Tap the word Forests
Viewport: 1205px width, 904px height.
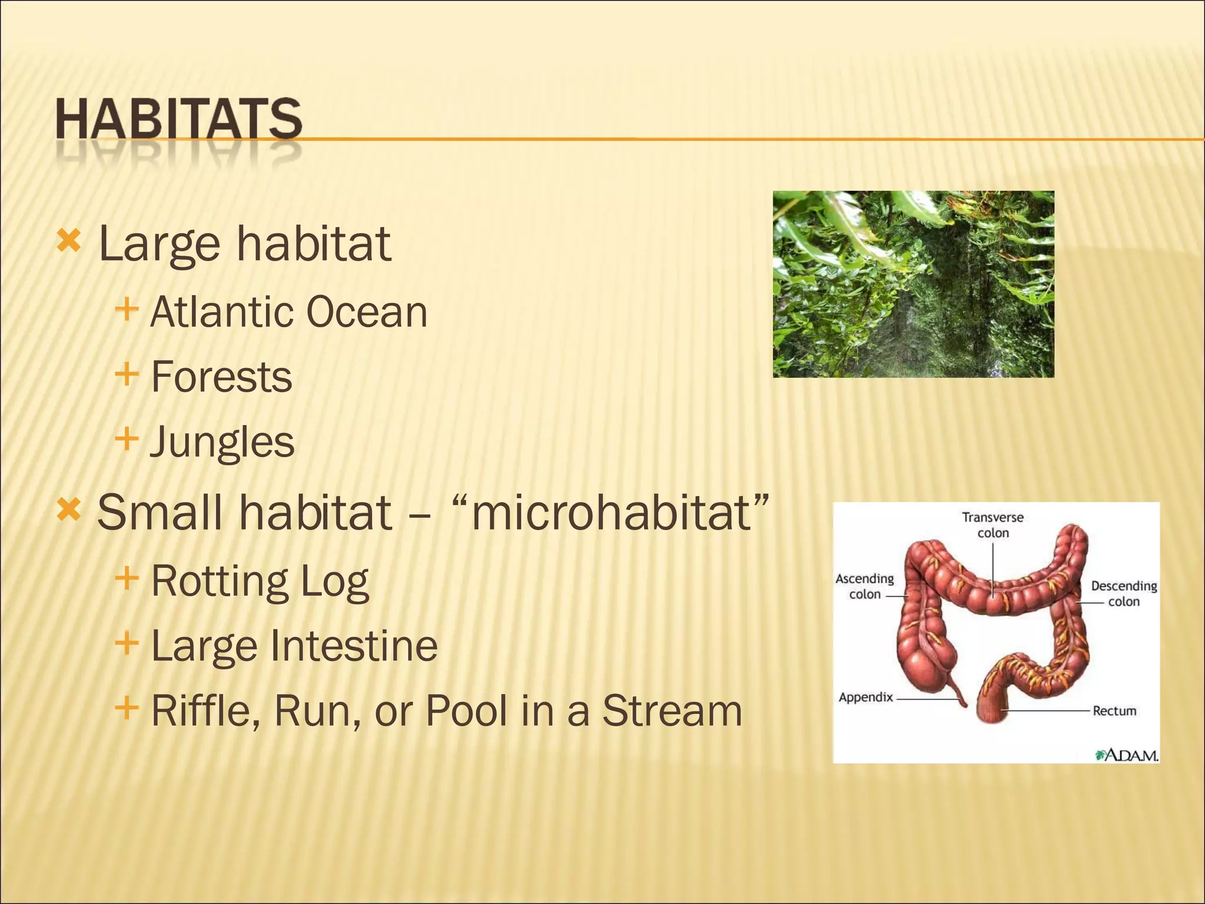click(221, 377)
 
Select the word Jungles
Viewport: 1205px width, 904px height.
click(222, 443)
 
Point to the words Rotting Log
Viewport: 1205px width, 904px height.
click(259, 581)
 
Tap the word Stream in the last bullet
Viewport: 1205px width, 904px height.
click(672, 711)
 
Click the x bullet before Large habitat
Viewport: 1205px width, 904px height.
click(68, 241)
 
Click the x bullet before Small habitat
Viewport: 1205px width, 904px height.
click(68, 510)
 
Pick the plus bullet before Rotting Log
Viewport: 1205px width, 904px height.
click(127, 578)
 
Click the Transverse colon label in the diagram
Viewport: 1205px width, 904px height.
click(993, 525)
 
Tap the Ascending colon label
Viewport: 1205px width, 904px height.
click(864, 586)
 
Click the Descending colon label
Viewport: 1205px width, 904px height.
click(1123, 593)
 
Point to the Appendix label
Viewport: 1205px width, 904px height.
click(866, 697)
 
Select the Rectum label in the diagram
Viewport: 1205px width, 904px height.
click(1114, 711)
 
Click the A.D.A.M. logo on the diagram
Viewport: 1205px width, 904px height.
click(1126, 755)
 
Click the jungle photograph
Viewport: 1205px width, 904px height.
click(913, 284)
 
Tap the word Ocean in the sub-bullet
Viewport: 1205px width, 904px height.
click(367, 312)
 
